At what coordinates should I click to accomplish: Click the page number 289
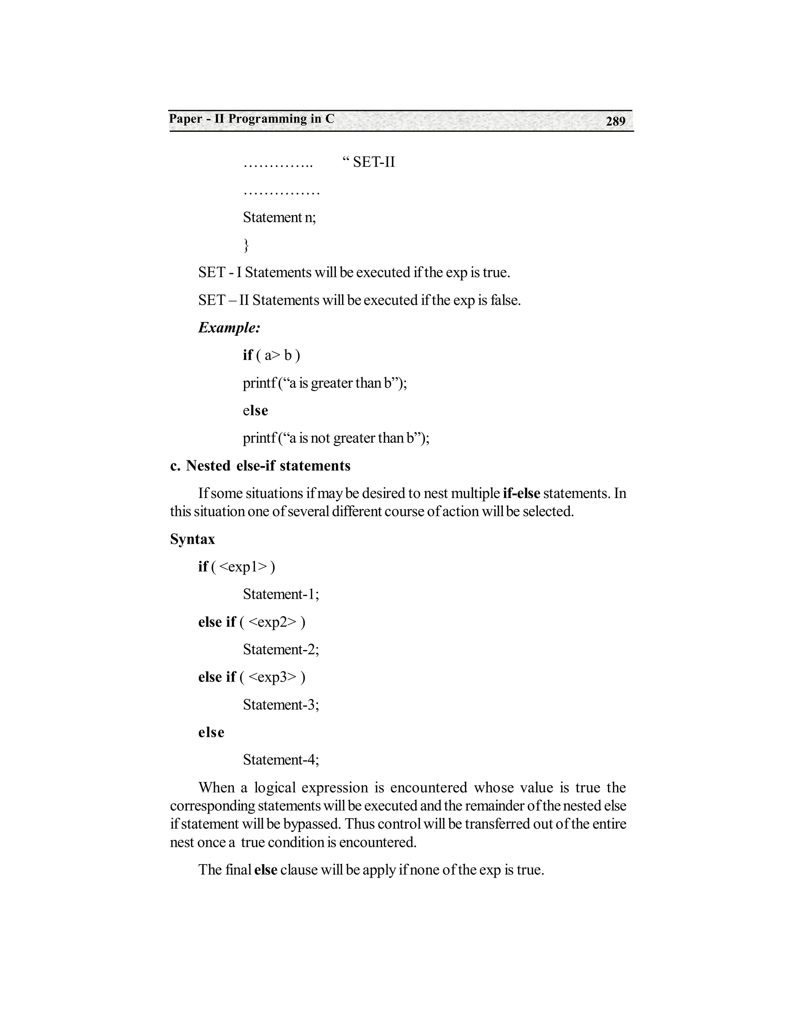[x=615, y=121]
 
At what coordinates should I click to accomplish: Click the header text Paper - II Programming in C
[x=252, y=119]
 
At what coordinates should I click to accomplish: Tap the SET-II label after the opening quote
[x=374, y=162]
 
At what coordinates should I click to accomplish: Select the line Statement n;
[x=279, y=217]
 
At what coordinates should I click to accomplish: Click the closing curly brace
[x=246, y=245]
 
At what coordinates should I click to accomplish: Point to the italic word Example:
[x=229, y=328]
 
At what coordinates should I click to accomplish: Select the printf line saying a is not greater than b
[x=336, y=438]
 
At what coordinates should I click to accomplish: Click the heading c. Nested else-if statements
[x=260, y=466]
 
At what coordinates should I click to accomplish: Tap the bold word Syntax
[x=192, y=539]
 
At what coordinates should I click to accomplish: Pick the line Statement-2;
[x=281, y=650]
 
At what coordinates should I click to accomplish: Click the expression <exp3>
[x=273, y=677]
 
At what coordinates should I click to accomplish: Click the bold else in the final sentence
[x=265, y=870]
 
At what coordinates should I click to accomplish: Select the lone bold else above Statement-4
[x=211, y=733]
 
